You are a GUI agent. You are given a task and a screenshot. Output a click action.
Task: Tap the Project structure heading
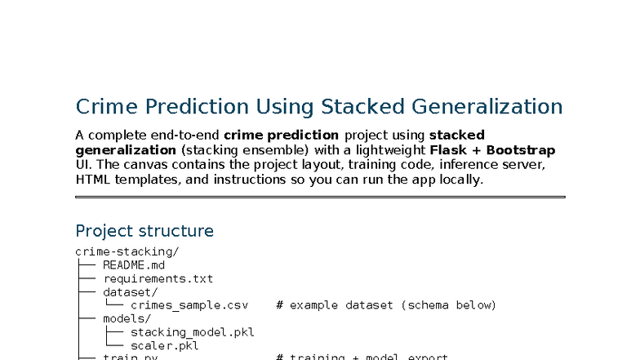pyautogui.click(x=144, y=231)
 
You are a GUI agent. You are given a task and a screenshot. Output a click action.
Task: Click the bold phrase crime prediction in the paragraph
pyautogui.click(x=281, y=135)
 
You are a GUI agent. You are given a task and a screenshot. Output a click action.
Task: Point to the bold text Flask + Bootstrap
pyautogui.click(x=492, y=150)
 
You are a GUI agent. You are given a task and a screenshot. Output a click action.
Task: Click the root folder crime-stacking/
pyautogui.click(x=127, y=251)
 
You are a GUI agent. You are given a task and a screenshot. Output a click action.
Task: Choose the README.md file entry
pyautogui.click(x=134, y=265)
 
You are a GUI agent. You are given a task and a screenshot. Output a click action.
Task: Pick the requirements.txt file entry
pyautogui.click(x=158, y=278)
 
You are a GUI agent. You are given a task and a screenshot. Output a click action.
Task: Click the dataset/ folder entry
pyautogui.click(x=131, y=291)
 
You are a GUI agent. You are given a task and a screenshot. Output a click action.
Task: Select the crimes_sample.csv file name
pyautogui.click(x=189, y=305)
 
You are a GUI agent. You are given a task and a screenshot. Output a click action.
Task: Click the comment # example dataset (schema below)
pyautogui.click(x=386, y=305)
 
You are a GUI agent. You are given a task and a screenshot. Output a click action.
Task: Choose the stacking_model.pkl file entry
pyautogui.click(x=193, y=332)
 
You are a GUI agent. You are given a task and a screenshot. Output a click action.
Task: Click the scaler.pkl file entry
pyautogui.click(x=165, y=345)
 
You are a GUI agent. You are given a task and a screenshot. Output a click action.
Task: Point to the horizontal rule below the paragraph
pyautogui.click(x=320, y=197)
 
